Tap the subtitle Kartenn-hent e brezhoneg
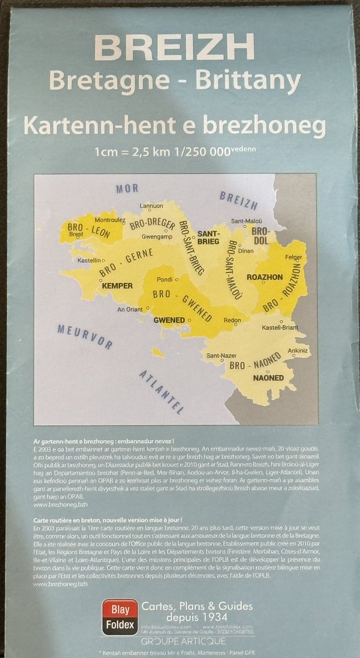174,126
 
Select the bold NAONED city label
268,378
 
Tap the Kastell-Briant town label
281,327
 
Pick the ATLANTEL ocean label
162,391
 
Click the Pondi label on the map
164,279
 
